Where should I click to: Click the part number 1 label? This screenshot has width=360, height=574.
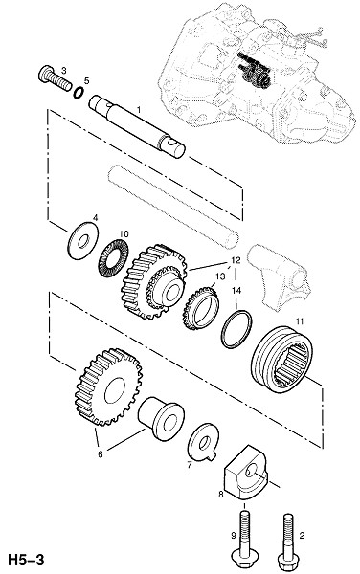pos(139,109)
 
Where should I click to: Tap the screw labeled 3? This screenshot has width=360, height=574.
pos(55,78)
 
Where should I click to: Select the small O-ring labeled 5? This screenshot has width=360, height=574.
pos(79,92)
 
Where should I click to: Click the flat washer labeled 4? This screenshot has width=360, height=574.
pos(83,240)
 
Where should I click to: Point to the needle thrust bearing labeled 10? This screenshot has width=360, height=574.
pos(113,257)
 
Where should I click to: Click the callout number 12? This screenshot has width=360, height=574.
pos(236,260)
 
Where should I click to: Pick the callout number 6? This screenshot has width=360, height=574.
pos(100,454)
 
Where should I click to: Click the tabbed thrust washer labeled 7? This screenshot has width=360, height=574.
pos(203,443)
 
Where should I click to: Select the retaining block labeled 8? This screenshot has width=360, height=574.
pos(245,473)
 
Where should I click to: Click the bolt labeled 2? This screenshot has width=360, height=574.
pos(288,542)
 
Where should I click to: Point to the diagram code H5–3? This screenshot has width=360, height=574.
pos(26,560)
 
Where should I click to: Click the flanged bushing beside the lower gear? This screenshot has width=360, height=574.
pos(161,418)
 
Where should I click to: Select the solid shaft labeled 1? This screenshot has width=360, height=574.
pos(137,126)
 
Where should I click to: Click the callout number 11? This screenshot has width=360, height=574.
pos(300,321)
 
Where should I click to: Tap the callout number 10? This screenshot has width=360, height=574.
pos(124,234)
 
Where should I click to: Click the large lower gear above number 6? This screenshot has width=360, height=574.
pos(108,386)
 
